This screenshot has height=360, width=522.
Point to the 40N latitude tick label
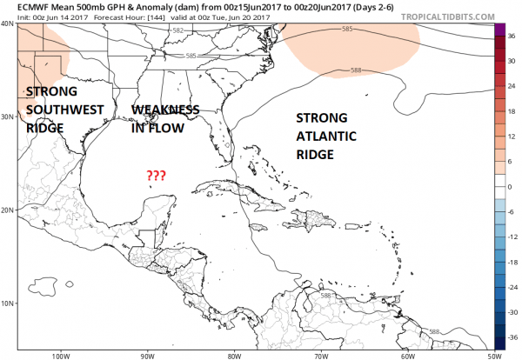tap(9, 23)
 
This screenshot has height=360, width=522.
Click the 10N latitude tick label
tap(9, 303)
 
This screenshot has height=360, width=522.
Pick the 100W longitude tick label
tap(60, 355)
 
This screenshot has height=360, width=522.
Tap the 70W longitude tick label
tap(319, 355)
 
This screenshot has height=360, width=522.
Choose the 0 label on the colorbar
tap(512, 185)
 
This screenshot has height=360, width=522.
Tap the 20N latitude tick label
tap(9, 210)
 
